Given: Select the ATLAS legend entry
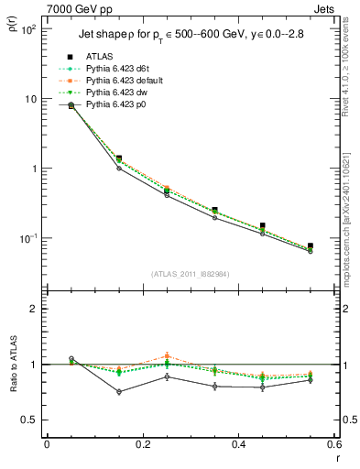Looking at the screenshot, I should point(99,56).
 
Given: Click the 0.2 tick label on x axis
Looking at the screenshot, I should point(143,443).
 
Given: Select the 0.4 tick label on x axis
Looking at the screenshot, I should point(239,443).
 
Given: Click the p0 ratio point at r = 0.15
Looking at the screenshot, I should point(119,392).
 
